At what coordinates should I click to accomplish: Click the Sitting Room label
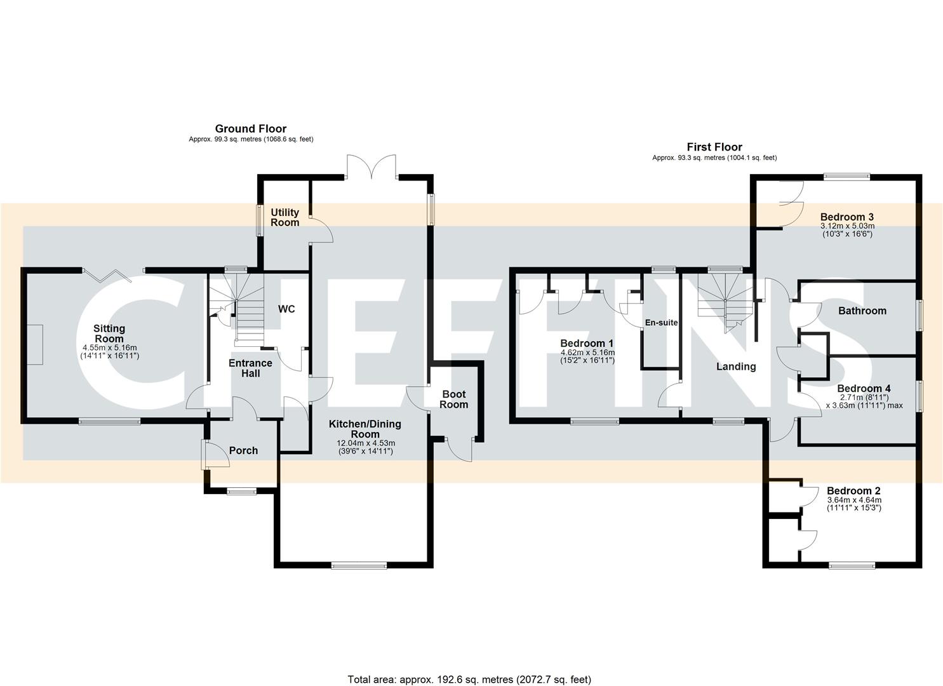point(109,333)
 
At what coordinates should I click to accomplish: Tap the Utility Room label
point(285,217)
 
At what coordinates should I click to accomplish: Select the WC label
point(287,309)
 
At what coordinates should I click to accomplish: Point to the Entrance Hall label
point(251,368)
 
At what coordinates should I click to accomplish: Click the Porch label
point(243,450)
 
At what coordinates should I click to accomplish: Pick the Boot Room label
point(455,400)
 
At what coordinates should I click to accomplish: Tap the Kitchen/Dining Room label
point(365,429)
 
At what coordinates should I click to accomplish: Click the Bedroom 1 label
point(586,343)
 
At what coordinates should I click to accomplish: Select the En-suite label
point(661,323)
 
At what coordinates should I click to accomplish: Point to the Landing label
point(736,367)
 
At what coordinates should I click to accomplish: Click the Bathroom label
point(862,311)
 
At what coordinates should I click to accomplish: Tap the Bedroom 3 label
point(847,217)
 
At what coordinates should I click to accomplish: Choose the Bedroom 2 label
point(853,491)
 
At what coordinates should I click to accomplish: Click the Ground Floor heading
point(251,129)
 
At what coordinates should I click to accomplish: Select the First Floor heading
point(714,147)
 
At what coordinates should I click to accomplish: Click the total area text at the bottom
point(469,680)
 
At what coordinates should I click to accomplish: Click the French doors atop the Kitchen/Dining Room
point(372,166)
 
